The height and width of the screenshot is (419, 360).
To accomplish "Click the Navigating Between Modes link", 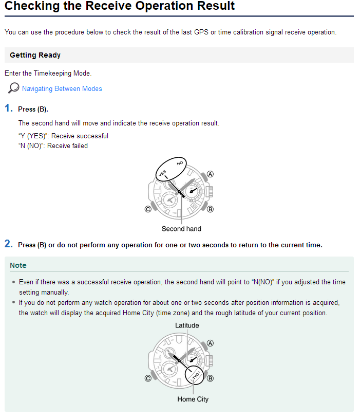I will [62, 88].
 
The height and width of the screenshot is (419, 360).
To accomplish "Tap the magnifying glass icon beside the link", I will [14, 88].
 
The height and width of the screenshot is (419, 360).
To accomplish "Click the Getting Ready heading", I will [35, 55].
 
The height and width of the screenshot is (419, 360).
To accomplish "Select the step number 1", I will [8, 108].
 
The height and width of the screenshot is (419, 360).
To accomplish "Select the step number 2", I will [8, 244].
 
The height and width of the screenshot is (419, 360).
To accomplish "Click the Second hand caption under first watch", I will [181, 229].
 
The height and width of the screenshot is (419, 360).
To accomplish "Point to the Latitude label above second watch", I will [187, 325].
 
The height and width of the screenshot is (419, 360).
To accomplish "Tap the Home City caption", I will [193, 399].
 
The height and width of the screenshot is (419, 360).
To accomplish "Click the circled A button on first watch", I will [210, 174].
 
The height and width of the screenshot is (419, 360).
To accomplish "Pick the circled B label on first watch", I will [210, 209].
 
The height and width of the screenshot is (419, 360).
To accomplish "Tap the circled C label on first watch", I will [148, 209].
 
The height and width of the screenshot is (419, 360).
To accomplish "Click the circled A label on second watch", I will [210, 343].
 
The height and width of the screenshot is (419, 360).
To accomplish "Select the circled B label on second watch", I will [210, 378].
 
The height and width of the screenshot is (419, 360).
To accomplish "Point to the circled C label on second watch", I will [148, 378].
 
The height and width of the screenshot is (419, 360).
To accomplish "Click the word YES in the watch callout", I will [162, 174].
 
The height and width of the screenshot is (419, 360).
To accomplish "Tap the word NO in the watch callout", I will [179, 163].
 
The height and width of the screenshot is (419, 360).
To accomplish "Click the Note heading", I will [18, 265].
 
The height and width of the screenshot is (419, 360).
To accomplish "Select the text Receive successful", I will [80, 136].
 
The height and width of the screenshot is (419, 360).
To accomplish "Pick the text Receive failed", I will [67, 145].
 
